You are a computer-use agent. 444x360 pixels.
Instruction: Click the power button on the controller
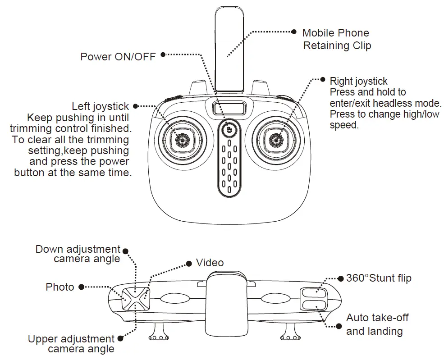pyautogui.click(x=229, y=129)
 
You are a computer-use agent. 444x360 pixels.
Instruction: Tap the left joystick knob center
pyautogui.click(x=183, y=140)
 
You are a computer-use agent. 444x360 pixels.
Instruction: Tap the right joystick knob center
pyautogui.click(x=275, y=140)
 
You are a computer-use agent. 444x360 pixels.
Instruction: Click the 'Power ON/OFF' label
pyautogui.click(x=118, y=57)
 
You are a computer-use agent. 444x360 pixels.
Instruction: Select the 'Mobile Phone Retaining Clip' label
pyautogui.click(x=336, y=39)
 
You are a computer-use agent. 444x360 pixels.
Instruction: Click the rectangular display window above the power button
pyautogui.click(x=229, y=109)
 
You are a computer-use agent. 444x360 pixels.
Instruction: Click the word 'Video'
pyautogui.click(x=210, y=263)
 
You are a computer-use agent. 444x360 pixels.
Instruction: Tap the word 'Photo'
pyautogui.click(x=60, y=287)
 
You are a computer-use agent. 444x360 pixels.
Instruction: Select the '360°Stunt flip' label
pyautogui.click(x=379, y=278)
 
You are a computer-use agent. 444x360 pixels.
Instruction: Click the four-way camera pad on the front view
pyautogui.click(x=135, y=298)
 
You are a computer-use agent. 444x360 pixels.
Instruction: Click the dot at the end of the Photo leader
pyautogui.click(x=81, y=287)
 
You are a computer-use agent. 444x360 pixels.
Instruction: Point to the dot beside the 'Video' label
pyautogui.click(x=189, y=263)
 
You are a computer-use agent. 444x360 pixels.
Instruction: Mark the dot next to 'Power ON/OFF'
pyautogui.click(x=163, y=55)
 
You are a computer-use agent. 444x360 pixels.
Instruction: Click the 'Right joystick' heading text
pyautogui.click(x=358, y=81)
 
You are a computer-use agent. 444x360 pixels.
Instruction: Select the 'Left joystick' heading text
pyautogui.click(x=100, y=107)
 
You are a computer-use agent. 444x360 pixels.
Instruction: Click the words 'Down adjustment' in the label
pyautogui.click(x=78, y=249)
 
